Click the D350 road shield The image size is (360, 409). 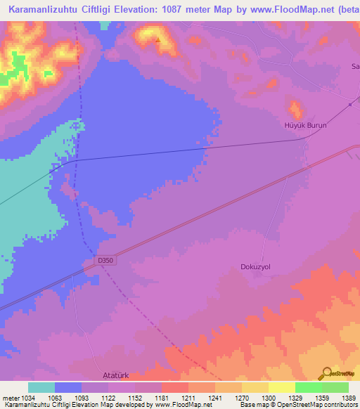click(x=105, y=260)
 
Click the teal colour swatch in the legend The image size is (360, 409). click(x=41, y=387)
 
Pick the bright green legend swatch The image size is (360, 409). click(x=308, y=387)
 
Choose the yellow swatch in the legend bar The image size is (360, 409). click(x=281, y=387)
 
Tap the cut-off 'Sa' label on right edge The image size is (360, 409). click(x=355, y=67)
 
